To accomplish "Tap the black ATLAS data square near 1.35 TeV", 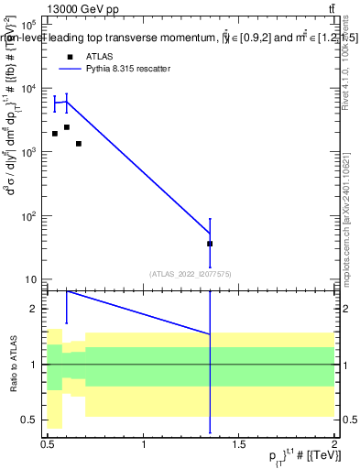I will pyautogui.click(x=210, y=244).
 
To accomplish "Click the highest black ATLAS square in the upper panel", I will pyautogui.click(x=66, y=127).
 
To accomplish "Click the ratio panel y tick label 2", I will pyautogui.click(x=34, y=310).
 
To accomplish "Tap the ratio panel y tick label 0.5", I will pyautogui.click(x=30, y=420).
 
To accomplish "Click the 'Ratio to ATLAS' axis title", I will pyautogui.click(x=12, y=364).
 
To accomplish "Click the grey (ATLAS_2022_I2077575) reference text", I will pyautogui.click(x=191, y=273).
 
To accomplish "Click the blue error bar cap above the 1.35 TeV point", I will pyautogui.click(x=210, y=219).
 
